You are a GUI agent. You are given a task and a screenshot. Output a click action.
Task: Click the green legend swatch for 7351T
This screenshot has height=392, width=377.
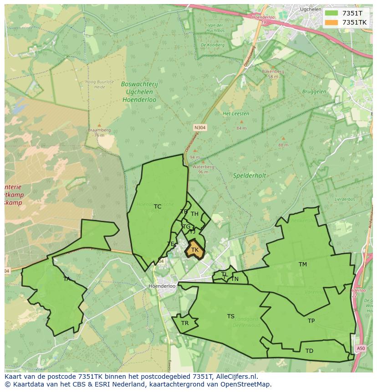pos(331,13)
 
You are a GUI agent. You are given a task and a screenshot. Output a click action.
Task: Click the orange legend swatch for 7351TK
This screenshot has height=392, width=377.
pos(331,22)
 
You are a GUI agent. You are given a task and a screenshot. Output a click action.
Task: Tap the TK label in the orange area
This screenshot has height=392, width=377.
pos(195,250)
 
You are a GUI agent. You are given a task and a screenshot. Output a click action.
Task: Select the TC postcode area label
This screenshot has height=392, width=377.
pos(158,207)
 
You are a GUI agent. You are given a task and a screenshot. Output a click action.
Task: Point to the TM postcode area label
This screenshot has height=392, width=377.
pos(303,265)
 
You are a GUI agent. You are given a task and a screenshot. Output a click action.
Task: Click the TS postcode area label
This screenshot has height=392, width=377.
pos(231,316)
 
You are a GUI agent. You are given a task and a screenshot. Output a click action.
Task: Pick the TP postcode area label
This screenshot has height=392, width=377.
pos(311,321)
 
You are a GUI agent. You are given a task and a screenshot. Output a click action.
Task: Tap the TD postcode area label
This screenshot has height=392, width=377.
pos(309,351)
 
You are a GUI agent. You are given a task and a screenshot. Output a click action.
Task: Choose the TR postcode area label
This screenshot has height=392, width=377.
pos(185,323)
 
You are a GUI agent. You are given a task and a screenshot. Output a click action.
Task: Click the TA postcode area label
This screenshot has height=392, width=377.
pos(67,279)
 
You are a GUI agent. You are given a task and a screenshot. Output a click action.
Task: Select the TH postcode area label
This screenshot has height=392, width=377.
pos(194,214)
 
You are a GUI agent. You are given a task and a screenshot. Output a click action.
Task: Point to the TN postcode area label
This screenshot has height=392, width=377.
pos(235,279)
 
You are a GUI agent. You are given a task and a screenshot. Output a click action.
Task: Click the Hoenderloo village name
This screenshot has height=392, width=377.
pos(162,286)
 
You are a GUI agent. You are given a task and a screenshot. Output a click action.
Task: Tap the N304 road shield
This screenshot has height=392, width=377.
pos(200,128)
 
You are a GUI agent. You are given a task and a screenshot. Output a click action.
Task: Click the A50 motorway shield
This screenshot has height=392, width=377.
pos(361,348)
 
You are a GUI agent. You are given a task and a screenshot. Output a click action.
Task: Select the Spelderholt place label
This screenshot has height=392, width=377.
pos(250,175)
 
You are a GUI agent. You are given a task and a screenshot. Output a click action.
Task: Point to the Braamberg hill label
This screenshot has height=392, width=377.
pos(99,130)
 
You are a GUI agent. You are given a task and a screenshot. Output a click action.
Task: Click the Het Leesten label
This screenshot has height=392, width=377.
pos(232,113)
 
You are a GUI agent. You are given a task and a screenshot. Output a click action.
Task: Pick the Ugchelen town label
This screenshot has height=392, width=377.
pos(311,9)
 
